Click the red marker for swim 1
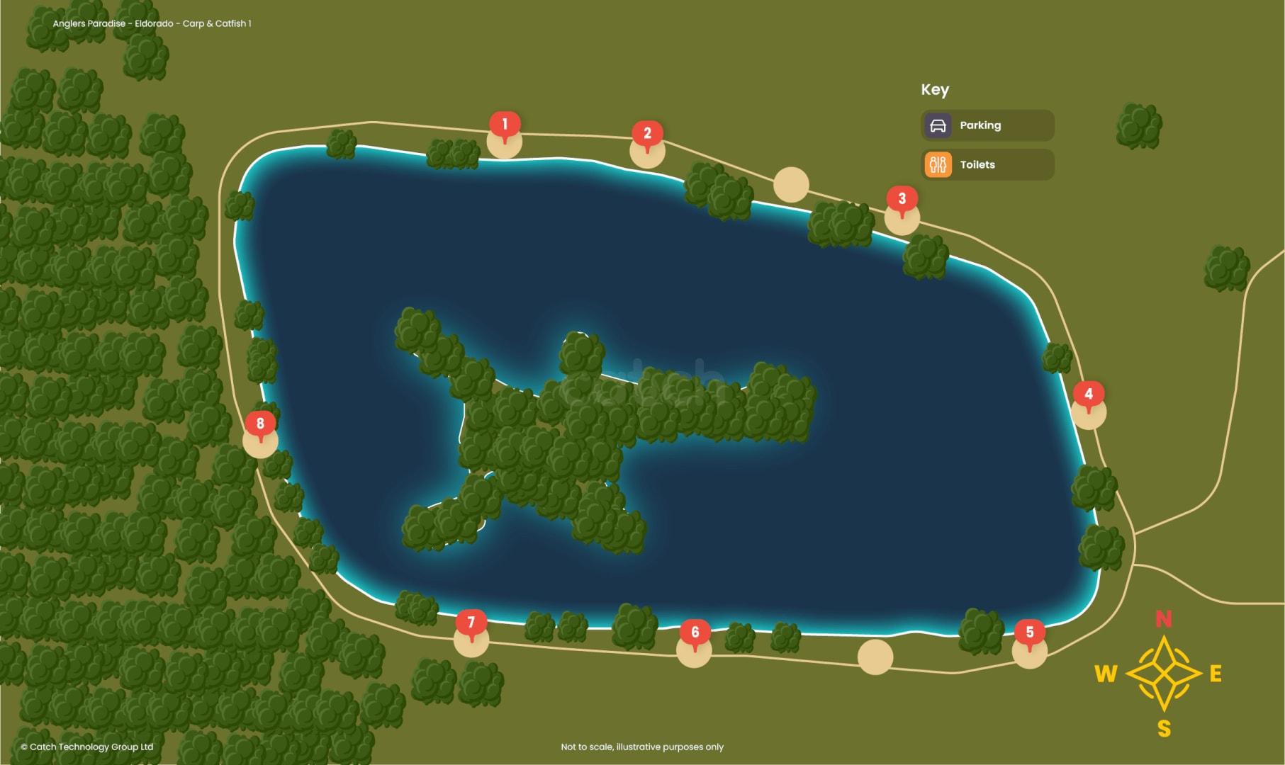(505, 125)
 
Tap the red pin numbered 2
(647, 134)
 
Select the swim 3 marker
(902, 199)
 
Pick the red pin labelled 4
(1089, 395)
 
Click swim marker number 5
(1030, 633)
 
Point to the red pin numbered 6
(695, 633)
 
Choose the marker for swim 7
(471, 623)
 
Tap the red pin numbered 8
(260, 424)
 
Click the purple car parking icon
(938, 126)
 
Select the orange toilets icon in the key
(938, 165)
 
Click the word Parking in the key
(980, 125)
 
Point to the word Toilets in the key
(977, 165)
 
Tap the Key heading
(935, 90)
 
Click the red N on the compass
(1164, 619)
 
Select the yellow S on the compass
(1164, 728)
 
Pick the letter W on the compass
(1106, 674)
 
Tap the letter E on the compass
(1216, 674)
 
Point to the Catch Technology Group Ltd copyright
(87, 747)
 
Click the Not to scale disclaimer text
(642, 747)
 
